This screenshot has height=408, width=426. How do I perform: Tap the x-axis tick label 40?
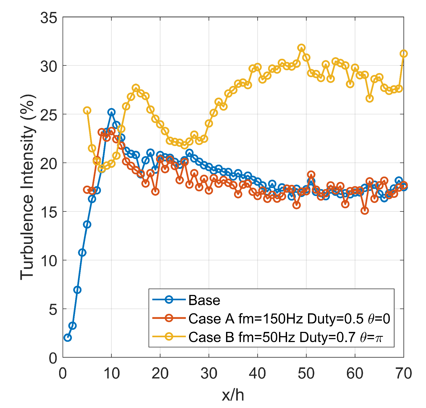[x=257, y=373]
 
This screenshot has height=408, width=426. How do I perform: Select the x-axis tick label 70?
[x=403, y=373]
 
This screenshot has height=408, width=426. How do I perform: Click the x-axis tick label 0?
[x=63, y=373]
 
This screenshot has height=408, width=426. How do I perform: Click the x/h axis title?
[x=233, y=395]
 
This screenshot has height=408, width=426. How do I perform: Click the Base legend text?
[x=204, y=300]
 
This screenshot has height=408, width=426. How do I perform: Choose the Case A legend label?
[x=289, y=319]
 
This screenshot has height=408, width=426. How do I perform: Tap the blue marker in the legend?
[x=169, y=300]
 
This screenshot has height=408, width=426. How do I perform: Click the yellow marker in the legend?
[x=169, y=336]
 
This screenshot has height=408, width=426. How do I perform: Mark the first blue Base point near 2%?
[x=68, y=338]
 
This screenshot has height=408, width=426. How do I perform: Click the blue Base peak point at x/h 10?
[x=111, y=112]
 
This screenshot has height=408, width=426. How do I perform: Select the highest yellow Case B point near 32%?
[x=301, y=48]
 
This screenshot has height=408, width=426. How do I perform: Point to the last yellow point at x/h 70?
[x=404, y=54]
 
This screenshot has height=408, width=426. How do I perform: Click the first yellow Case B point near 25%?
[x=87, y=110]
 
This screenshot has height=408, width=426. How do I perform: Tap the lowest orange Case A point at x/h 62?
[x=365, y=211]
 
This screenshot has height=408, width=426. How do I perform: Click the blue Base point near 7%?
[x=77, y=290]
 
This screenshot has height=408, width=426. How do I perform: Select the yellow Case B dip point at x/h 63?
[x=370, y=98]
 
